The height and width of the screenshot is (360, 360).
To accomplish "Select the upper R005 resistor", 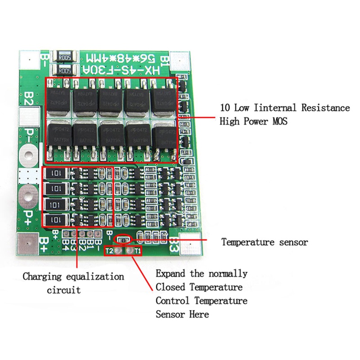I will [63, 57].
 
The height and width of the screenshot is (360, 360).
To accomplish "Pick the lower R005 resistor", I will [63, 70].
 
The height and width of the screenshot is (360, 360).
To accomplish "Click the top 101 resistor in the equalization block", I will [57, 173].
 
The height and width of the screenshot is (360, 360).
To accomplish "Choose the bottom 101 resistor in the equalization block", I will [57, 220].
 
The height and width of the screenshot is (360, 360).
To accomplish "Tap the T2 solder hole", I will [118, 251].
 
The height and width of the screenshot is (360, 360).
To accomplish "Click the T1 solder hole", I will [129, 251].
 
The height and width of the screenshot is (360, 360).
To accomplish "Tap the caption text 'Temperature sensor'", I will [264, 242].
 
